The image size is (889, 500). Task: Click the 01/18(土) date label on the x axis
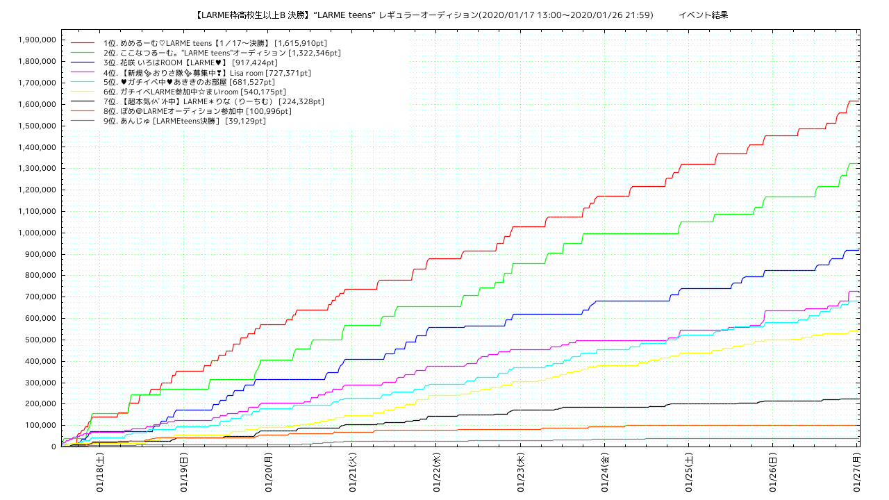click(x=99, y=472)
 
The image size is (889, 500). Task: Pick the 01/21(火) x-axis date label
click(x=352, y=472)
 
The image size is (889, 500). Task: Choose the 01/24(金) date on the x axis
click(x=604, y=472)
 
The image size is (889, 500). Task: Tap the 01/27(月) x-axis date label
click(x=857, y=472)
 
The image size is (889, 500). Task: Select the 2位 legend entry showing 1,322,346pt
click(x=222, y=53)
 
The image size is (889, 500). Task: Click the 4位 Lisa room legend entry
click(x=206, y=72)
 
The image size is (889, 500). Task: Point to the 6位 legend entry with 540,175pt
click(x=194, y=92)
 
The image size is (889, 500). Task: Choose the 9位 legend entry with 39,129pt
click(x=184, y=121)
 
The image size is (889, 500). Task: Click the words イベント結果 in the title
click(x=703, y=15)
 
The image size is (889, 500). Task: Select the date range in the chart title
click(x=565, y=15)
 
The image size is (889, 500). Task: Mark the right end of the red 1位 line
click(x=859, y=101)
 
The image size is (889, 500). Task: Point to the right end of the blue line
click(x=859, y=250)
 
